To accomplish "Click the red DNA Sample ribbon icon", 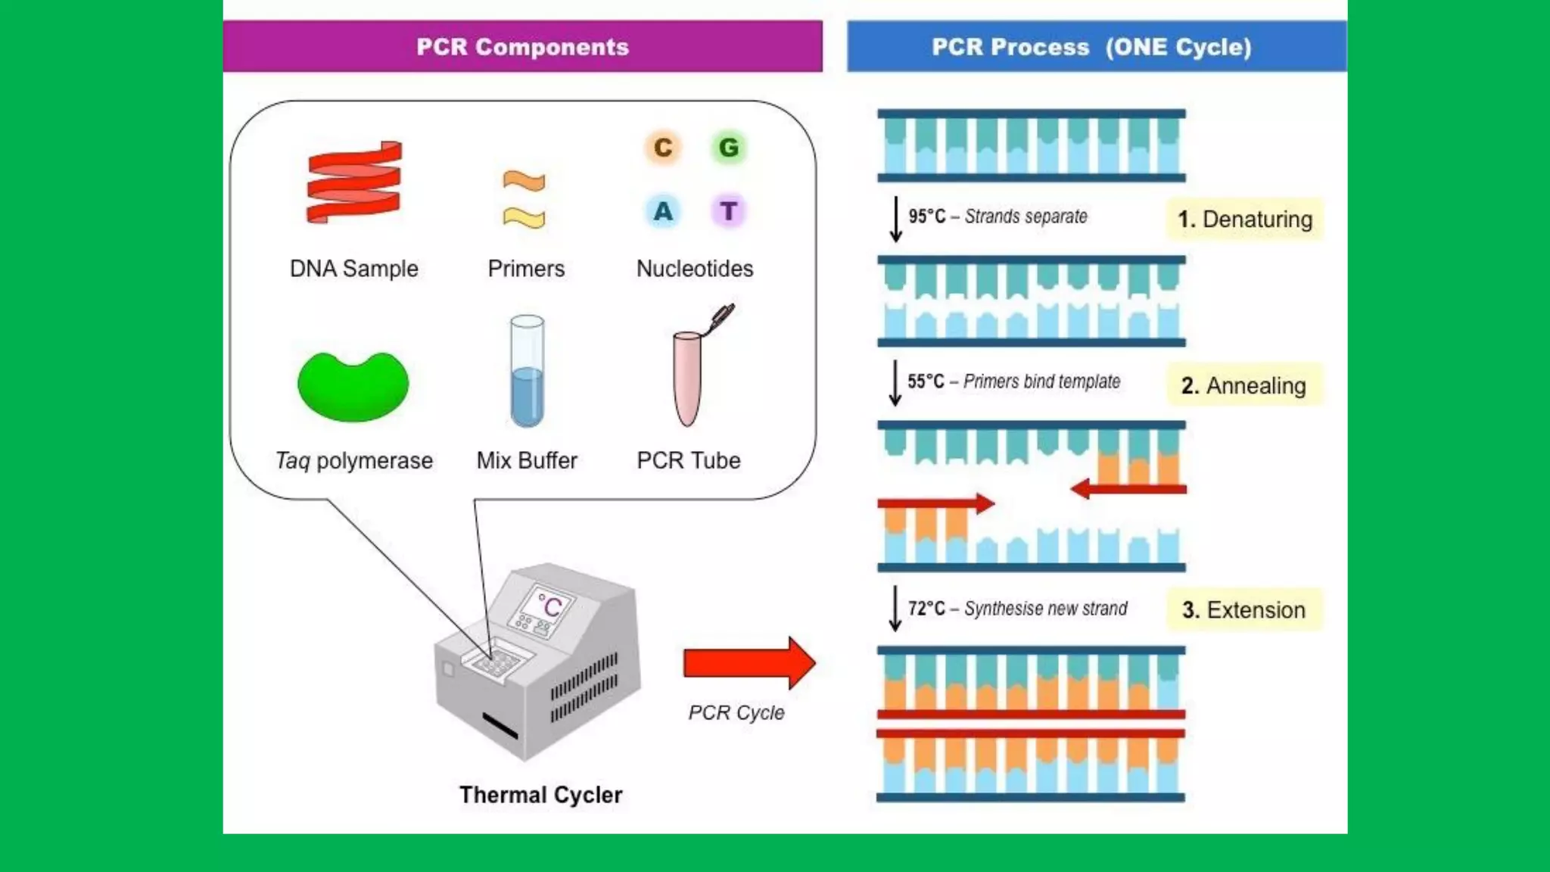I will [354, 182].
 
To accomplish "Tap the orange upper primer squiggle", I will [524, 182].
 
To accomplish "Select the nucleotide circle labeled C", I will [663, 147].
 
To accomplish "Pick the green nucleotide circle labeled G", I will [729, 147].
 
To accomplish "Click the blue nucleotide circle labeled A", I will [663, 210].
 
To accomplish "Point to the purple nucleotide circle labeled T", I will [729, 210].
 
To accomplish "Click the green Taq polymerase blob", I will [353, 386].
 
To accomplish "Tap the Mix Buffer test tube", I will [527, 371].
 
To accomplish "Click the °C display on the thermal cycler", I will [549, 606].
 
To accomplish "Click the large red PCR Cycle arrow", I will [749, 663].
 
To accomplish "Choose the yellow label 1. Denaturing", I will [1245, 220].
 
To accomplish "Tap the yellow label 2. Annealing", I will [1243, 385].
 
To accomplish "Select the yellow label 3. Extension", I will [1243, 609].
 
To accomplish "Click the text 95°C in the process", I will [927, 216].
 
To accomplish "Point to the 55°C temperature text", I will [926, 381].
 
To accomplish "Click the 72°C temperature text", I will [926, 609].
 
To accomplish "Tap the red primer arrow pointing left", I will [1128, 489].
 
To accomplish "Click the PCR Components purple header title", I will [522, 47].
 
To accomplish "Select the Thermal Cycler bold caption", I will [540, 795].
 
